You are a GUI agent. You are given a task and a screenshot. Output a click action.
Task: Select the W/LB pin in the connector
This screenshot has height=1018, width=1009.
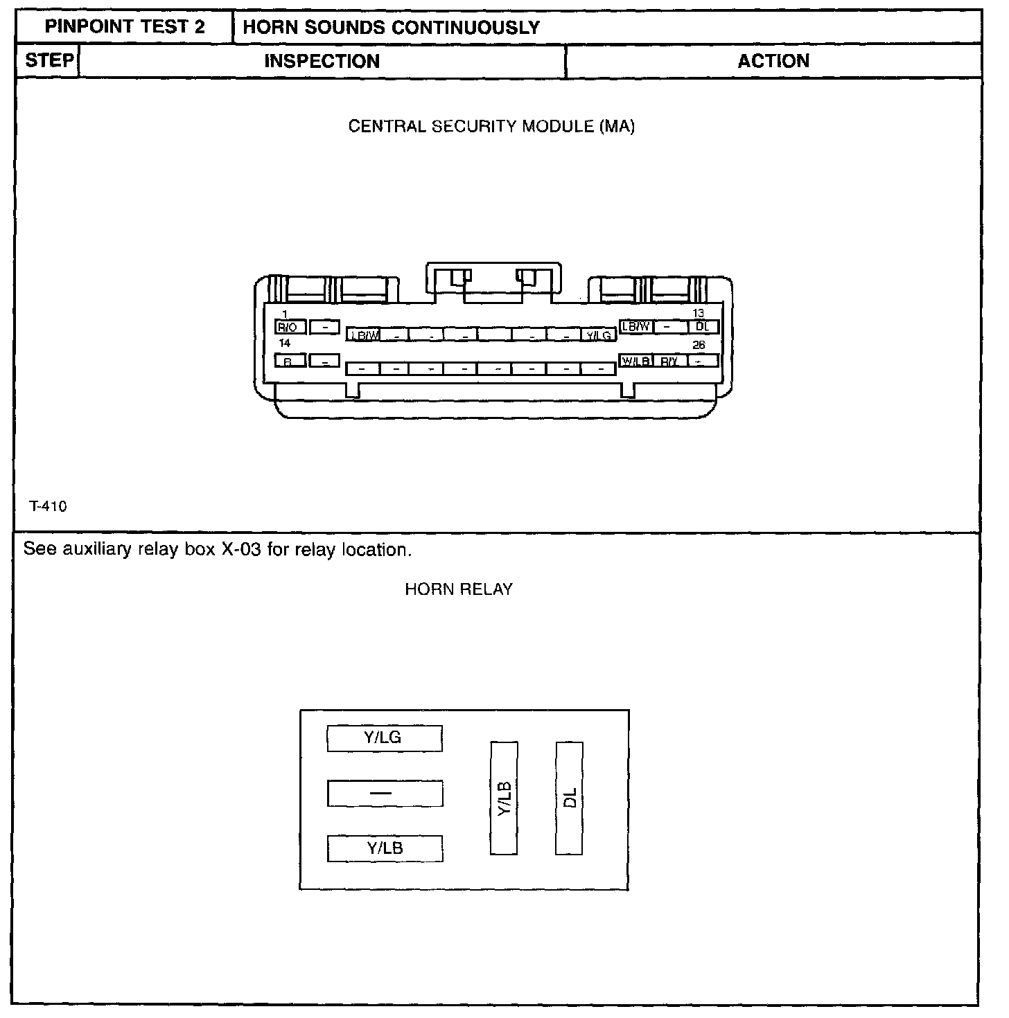click(635, 361)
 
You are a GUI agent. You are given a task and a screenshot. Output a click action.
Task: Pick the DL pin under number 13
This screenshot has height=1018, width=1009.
click(703, 326)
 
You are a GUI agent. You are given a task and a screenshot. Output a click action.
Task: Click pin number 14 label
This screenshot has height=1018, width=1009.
click(285, 343)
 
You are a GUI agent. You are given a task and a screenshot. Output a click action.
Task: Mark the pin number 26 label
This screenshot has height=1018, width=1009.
click(699, 345)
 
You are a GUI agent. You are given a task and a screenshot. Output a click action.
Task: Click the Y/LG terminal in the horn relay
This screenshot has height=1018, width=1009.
click(385, 738)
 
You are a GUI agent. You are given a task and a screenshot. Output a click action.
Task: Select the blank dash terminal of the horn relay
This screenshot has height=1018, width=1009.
click(385, 794)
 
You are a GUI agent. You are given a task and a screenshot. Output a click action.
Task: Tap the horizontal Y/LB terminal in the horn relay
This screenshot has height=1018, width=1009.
click(385, 849)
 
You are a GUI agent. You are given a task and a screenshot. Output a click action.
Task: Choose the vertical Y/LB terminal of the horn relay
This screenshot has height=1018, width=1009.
click(504, 798)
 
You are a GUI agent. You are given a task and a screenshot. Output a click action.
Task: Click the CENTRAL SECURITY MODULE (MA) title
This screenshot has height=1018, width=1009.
click(491, 127)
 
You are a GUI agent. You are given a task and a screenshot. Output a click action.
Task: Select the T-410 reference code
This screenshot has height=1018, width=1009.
click(49, 507)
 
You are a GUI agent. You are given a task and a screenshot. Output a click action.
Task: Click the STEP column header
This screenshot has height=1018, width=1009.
click(49, 61)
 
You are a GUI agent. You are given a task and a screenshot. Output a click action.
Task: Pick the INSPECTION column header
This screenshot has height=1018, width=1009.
click(322, 62)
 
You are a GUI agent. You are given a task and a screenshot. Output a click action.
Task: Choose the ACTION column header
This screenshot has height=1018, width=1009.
click(773, 62)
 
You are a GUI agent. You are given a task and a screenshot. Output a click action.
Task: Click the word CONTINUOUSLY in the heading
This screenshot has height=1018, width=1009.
click(466, 28)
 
